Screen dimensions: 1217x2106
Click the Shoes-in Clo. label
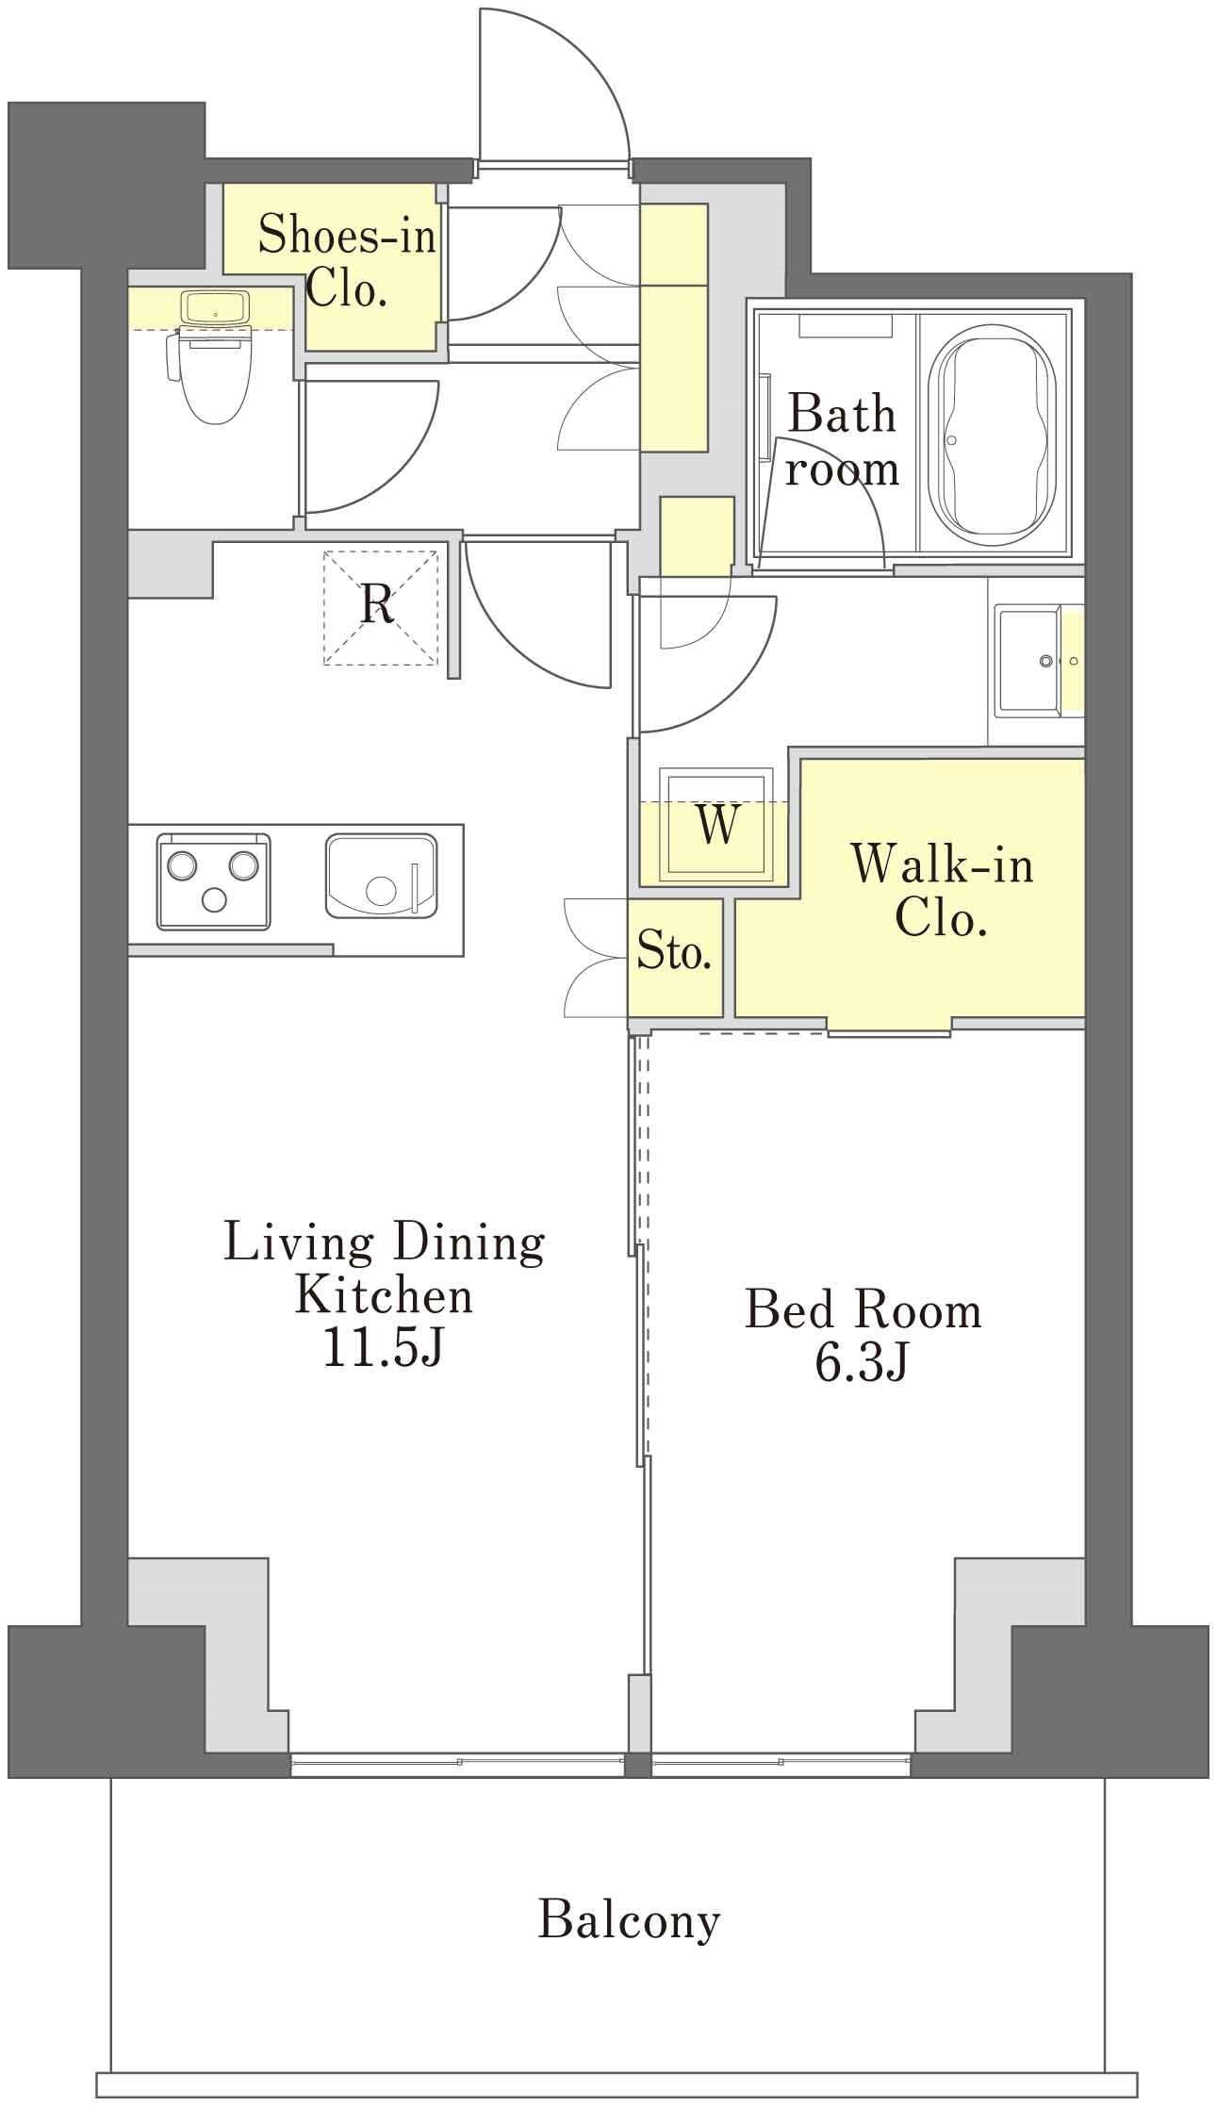click(x=347, y=261)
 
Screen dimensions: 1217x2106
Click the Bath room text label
click(x=842, y=440)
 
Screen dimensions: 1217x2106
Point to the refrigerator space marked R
click(x=380, y=607)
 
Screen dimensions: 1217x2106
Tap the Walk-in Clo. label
click(x=942, y=891)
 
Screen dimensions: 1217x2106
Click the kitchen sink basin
click(x=382, y=876)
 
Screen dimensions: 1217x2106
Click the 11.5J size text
click(x=383, y=1351)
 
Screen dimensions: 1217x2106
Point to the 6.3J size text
click(x=862, y=1363)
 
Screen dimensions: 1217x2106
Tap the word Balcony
click(x=629, y=1921)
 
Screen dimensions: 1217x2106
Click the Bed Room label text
click(x=863, y=1310)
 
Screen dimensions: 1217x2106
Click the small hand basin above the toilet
click(x=216, y=306)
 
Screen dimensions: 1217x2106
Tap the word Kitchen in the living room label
click(x=384, y=1296)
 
